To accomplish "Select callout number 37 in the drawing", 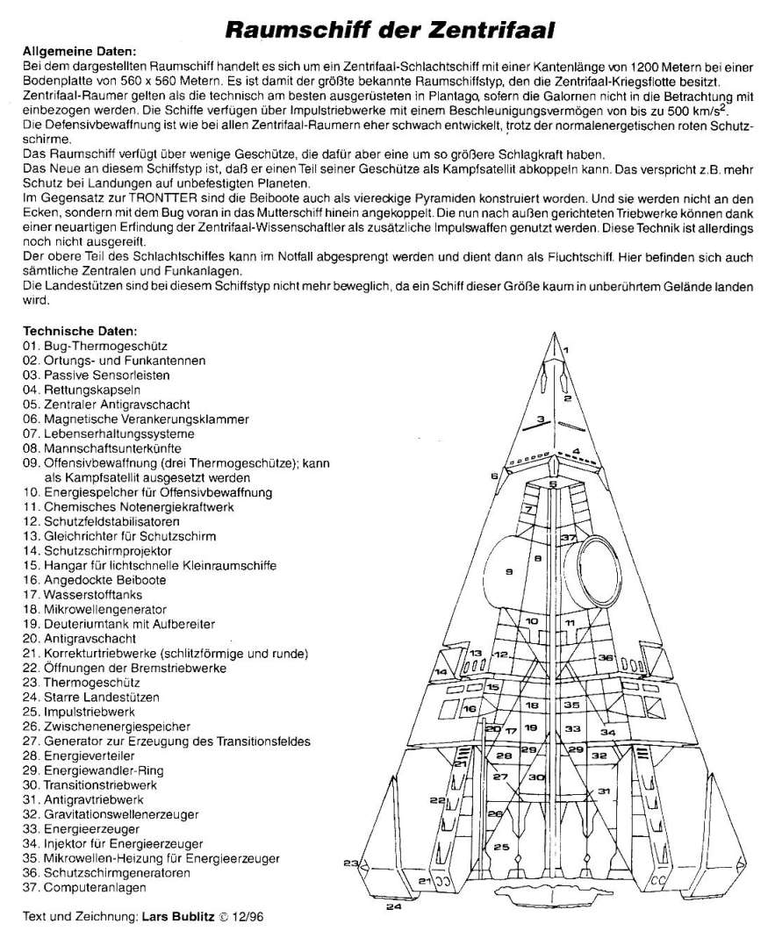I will pos(569,537).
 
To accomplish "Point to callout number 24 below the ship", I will pos(394,906).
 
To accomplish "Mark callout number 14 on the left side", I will pos(441,672).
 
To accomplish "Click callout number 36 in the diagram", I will pos(605,657).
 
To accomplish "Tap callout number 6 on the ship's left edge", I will pos(495,476).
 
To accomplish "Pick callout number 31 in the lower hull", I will pos(604,791).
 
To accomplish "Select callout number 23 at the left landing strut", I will pos(351,864).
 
